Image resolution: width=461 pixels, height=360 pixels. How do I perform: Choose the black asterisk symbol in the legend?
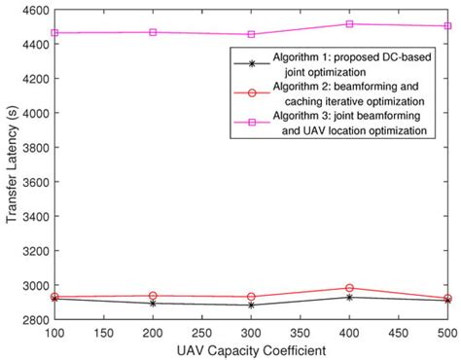pyautogui.click(x=252, y=64)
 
